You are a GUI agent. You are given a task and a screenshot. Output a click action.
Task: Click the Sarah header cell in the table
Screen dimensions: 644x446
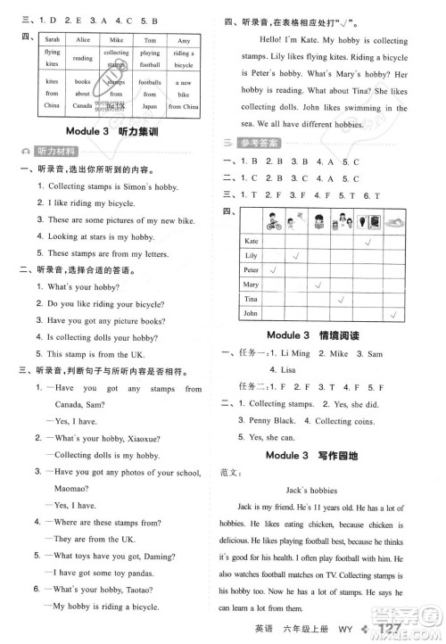(53, 40)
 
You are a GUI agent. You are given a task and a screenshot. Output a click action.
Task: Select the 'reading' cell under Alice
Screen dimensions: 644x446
(83, 59)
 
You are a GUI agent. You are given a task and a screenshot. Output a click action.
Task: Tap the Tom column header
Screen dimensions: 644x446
(150, 40)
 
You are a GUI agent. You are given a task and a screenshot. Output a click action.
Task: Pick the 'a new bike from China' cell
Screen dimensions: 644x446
(184, 94)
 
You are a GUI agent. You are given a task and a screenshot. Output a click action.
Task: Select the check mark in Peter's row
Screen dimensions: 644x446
(274, 269)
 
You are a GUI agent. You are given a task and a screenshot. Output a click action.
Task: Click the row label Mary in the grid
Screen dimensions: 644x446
(251, 285)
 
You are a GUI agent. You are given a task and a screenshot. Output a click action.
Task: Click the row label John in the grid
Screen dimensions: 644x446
(251, 313)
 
